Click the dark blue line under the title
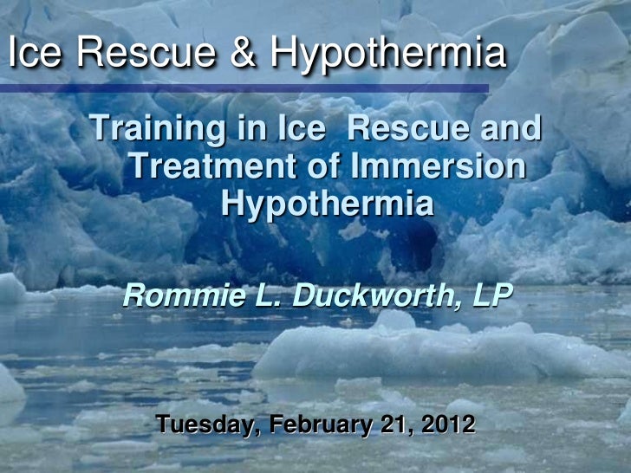click(x=260, y=87)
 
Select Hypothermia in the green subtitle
click(x=327, y=204)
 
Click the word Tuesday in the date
click(x=208, y=426)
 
